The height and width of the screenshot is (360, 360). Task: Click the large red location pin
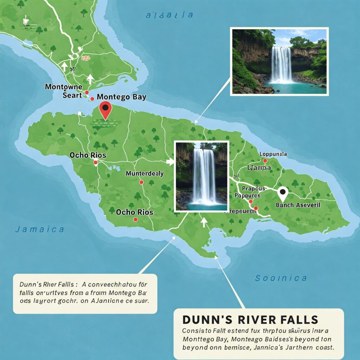pyautogui.click(x=105, y=110)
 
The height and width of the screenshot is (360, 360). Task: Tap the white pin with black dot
pyautogui.click(x=282, y=193)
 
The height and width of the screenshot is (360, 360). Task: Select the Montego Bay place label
pyautogui.click(x=121, y=97)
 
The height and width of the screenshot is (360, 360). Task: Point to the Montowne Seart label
pyautogui.click(x=64, y=91)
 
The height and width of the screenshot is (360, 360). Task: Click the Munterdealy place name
pyautogui.click(x=144, y=173)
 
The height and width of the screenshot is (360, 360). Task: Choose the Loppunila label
pyautogui.click(x=273, y=154)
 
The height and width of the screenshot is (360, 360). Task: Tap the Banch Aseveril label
pyautogui.click(x=298, y=205)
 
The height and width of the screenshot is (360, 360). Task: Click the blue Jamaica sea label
pyautogui.click(x=39, y=230)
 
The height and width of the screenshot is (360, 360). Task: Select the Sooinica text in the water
pyautogui.click(x=281, y=278)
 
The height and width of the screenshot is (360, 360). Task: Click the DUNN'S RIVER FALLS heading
pyautogui.click(x=250, y=320)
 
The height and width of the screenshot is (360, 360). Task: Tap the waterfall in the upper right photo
pyautogui.click(x=281, y=65)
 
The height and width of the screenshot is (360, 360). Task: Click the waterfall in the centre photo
pyautogui.click(x=204, y=176)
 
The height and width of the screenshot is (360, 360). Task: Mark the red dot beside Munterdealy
pyautogui.click(x=141, y=182)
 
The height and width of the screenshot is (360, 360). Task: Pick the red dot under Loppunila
pyautogui.click(x=265, y=161)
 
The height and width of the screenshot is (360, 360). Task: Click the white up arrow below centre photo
pyautogui.click(x=204, y=222)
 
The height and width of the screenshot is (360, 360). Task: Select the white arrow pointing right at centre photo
pyautogui.click(x=170, y=162)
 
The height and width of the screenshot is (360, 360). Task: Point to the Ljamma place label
pyautogui.click(x=259, y=168)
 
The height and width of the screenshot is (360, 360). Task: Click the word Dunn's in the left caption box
pyautogui.click(x=31, y=284)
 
